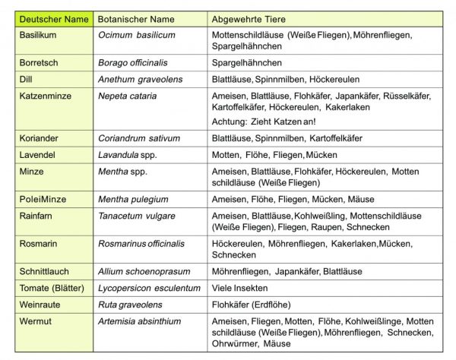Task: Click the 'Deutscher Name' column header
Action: tap(51, 19)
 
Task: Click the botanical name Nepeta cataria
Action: tap(127, 96)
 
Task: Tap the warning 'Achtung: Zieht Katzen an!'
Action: tap(264, 122)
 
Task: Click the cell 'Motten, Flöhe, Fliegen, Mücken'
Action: tap(274, 155)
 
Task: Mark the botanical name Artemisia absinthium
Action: tap(145, 321)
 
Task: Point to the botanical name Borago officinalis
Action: tap(138, 62)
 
